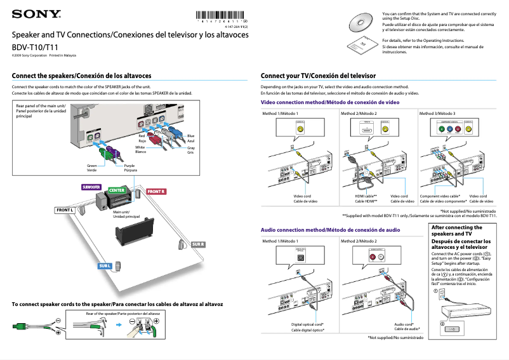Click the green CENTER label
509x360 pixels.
click(x=117, y=190)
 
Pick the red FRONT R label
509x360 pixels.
click(x=155, y=191)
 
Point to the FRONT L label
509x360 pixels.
click(x=65, y=210)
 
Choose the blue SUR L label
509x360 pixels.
click(x=105, y=265)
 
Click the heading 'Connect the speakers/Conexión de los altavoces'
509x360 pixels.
click(x=82, y=76)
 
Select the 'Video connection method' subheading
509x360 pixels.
click(x=330, y=102)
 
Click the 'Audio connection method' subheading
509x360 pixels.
click(x=330, y=229)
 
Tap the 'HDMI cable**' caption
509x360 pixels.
click(x=366, y=196)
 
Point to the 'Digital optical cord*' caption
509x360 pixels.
click(x=308, y=324)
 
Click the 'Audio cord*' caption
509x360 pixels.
click(x=404, y=324)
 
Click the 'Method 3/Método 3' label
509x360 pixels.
click(x=437, y=114)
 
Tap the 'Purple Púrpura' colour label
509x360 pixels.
click(x=130, y=168)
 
